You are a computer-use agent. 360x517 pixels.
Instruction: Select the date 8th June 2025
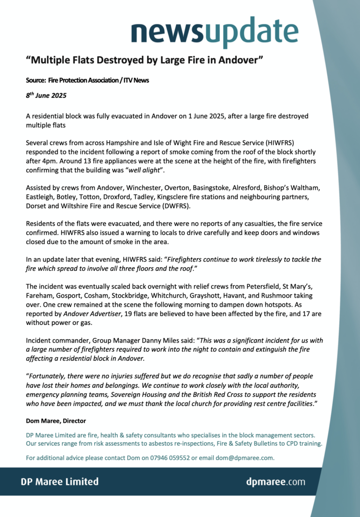pos(46,96)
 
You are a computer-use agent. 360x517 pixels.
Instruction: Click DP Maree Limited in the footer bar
pos(60,481)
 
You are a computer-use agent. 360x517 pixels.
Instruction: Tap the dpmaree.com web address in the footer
pos(276,481)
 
